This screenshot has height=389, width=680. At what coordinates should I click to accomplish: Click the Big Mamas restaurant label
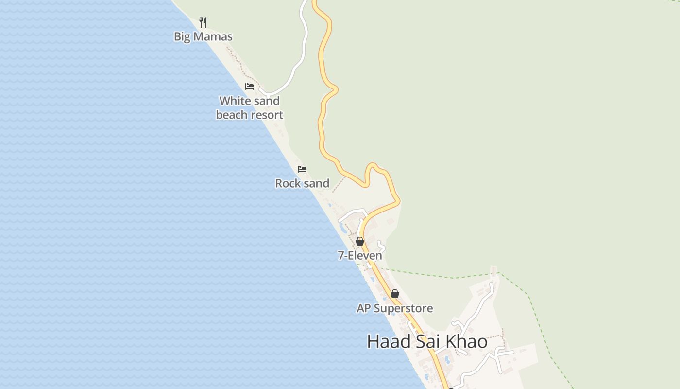(203, 36)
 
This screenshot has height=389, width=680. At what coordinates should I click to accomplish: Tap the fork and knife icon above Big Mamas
(203, 22)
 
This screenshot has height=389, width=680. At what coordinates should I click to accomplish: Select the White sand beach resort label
(250, 108)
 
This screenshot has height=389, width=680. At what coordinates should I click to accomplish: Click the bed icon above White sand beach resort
(250, 87)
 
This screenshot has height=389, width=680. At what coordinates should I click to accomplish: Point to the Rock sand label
(302, 183)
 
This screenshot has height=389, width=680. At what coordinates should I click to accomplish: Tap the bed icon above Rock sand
(302, 169)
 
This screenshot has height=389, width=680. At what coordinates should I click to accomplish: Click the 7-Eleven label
(360, 255)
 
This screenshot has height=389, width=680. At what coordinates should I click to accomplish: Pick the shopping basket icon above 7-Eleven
(360, 241)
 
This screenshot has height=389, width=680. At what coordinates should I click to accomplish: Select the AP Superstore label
(395, 308)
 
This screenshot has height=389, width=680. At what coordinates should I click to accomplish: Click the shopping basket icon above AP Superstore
(395, 294)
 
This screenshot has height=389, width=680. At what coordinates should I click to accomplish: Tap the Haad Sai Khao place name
(427, 341)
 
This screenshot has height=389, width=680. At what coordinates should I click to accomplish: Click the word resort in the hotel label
(266, 115)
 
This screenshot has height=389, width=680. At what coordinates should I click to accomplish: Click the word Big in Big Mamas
(182, 36)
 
